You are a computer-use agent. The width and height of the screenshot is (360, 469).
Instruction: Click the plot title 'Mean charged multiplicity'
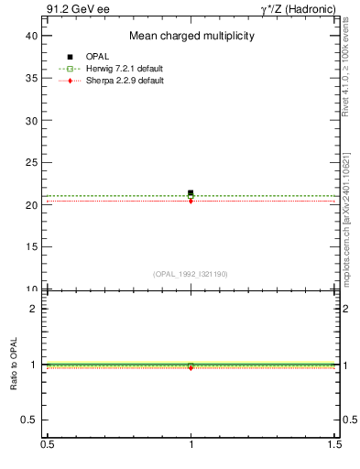tap(191, 36)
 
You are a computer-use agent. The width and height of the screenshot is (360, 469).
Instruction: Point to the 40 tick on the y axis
tap(33, 36)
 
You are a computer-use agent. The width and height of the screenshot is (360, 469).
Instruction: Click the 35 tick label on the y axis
tap(33, 78)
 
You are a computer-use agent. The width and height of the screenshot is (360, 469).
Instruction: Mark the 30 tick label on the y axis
tap(33, 120)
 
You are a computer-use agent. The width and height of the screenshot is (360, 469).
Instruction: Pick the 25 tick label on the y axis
tap(33, 163)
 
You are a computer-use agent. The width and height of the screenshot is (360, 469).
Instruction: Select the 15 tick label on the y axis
tap(33, 247)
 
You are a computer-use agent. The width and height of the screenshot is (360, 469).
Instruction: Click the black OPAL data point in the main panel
tap(191, 193)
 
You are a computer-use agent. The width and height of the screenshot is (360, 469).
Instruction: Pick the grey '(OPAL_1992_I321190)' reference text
tap(191, 274)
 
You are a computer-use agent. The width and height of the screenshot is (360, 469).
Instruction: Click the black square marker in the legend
tap(70, 57)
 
